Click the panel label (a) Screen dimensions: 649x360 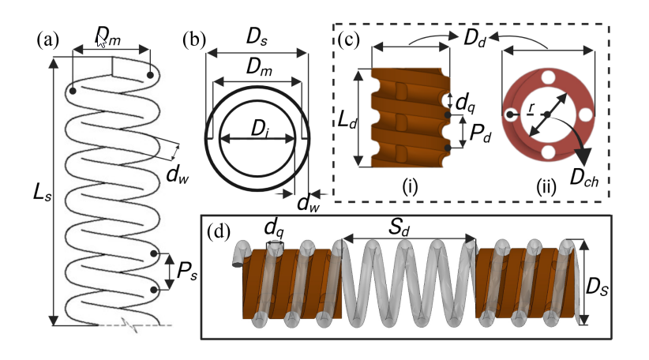click(48, 40)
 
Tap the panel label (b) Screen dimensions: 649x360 click(194, 40)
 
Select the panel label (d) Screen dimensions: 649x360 click(219, 232)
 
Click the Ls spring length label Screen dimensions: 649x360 click(42, 193)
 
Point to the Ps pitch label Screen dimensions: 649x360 click(187, 272)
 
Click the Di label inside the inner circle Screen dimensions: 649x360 click(261, 129)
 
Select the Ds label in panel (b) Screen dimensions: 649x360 click(257, 37)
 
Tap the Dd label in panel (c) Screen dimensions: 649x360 click(475, 38)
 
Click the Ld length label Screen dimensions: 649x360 click(347, 121)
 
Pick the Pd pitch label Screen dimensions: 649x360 click(480, 133)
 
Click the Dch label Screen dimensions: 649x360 click(584, 178)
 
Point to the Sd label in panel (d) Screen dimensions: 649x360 click(399, 228)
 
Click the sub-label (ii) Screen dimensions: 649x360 click(546, 187)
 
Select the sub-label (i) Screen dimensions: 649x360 click(410, 187)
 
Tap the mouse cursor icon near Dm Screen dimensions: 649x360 click(100, 41)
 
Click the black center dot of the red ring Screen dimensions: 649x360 click(547, 114)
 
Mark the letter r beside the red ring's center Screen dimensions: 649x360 click(531, 107)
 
